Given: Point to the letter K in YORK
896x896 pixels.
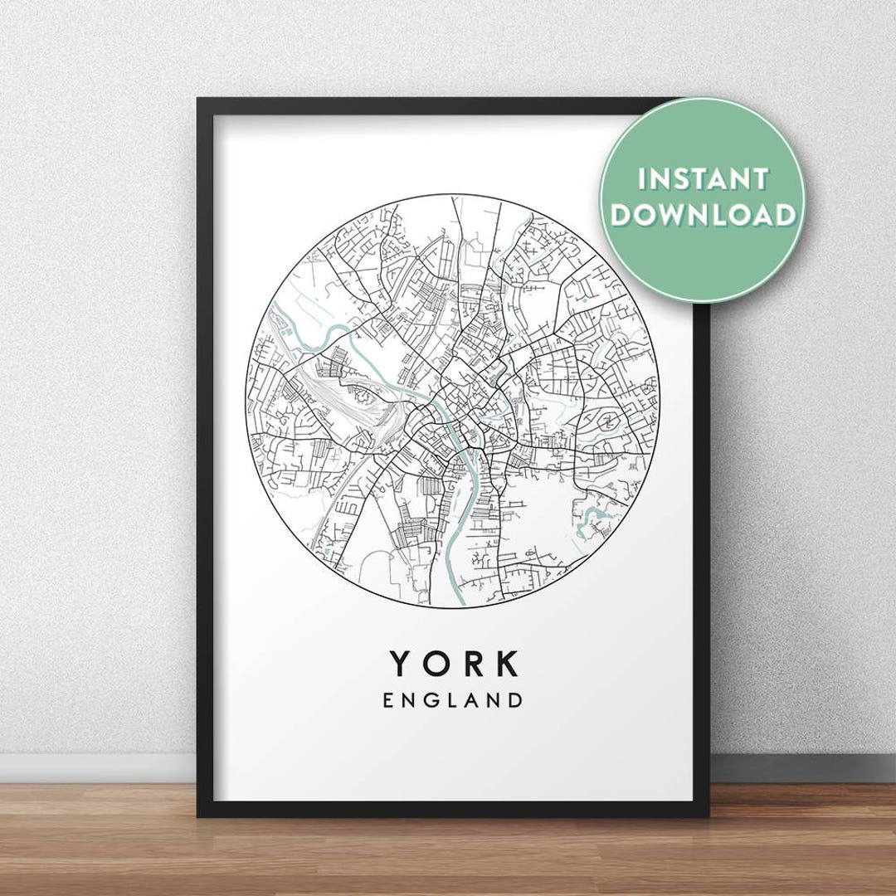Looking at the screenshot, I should pyautogui.click(x=505, y=664).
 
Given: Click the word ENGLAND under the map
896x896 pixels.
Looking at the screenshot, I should pyautogui.click(x=453, y=700).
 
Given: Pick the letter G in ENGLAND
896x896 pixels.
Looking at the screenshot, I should pyautogui.click(x=430, y=700).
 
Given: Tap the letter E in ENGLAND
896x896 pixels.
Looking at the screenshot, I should pyautogui.click(x=388, y=700).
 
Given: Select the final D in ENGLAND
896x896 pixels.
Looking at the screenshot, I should pyautogui.click(x=516, y=700).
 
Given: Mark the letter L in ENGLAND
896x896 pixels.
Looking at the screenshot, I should pyautogui.click(x=451, y=700).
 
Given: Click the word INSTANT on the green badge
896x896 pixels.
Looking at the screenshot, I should pyautogui.click(x=703, y=178).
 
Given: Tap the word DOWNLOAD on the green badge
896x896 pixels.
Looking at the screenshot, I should pyautogui.click(x=703, y=216).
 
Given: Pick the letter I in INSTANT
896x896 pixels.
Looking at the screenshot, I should pyautogui.click(x=640, y=178).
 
